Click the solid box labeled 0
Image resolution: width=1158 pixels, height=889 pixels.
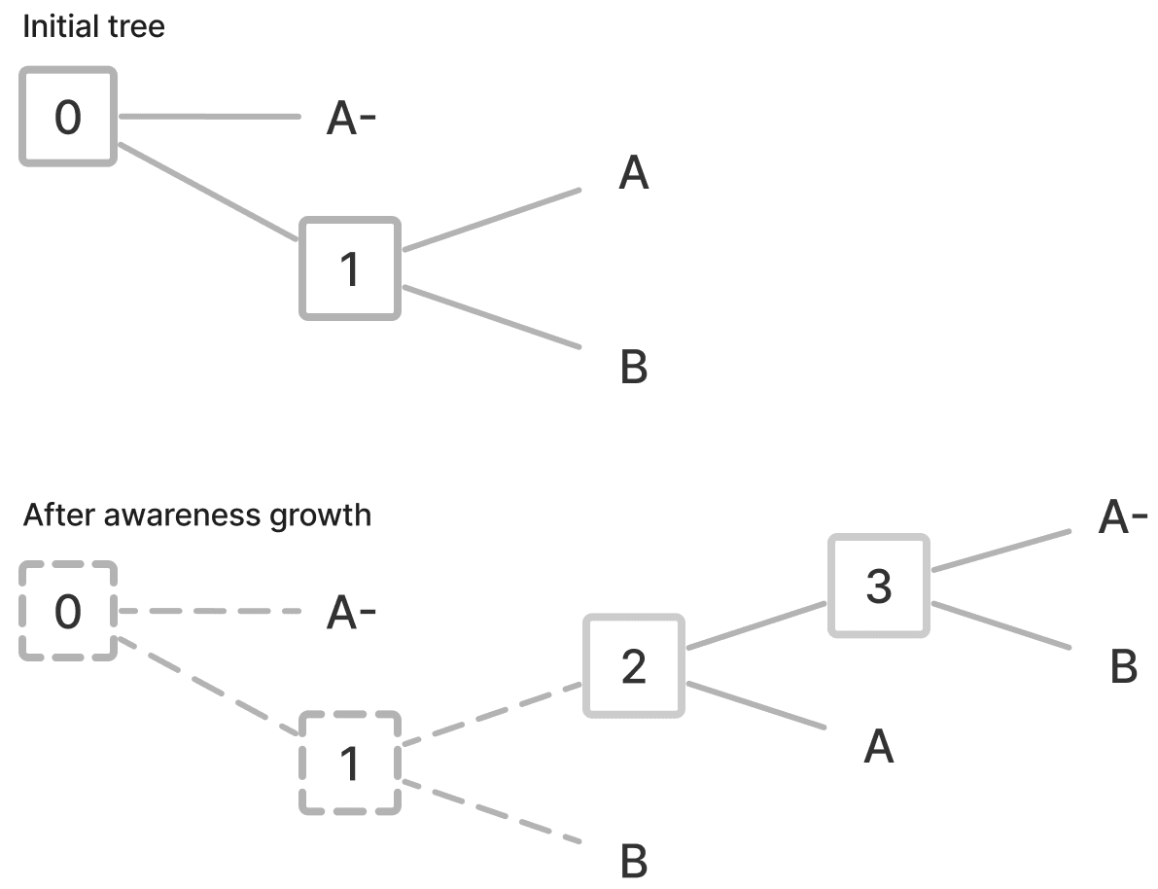[x=68, y=116]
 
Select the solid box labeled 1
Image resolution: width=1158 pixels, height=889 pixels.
[x=350, y=268]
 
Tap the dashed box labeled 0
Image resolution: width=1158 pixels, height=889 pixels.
[x=68, y=611]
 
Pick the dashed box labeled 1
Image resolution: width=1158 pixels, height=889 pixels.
[x=350, y=764]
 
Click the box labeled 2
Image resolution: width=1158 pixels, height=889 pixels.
[x=633, y=665]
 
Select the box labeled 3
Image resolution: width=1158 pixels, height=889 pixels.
[x=878, y=586]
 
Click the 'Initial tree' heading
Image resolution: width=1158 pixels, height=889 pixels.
[x=93, y=26]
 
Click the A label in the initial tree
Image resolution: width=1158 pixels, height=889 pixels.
[x=633, y=174]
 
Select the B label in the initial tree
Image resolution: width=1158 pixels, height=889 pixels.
[x=633, y=369]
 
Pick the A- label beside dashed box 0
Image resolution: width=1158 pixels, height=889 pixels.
[x=351, y=614]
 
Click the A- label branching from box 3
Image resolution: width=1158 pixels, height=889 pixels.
[x=1123, y=519]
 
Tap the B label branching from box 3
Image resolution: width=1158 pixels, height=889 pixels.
[x=1123, y=667]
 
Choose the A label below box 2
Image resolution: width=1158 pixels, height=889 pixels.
[x=878, y=747]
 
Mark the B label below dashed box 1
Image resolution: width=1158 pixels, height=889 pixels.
[x=633, y=862]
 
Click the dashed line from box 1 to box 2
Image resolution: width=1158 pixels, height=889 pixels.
[x=492, y=717]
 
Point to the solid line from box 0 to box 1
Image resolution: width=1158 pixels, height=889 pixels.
[x=209, y=193]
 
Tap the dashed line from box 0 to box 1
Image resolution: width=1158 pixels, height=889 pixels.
[x=209, y=688]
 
